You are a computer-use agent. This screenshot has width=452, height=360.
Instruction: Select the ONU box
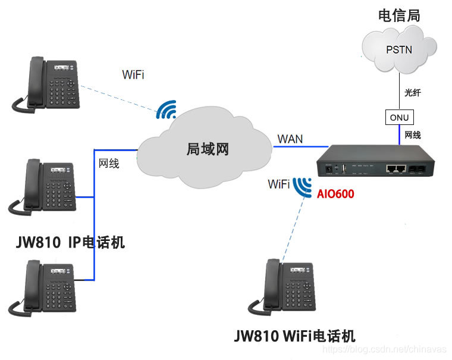click(399, 118)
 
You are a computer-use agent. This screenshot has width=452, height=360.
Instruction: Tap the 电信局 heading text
click(399, 16)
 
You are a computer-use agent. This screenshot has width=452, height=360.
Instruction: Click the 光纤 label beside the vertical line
click(413, 93)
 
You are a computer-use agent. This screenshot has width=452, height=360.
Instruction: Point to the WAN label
click(290, 139)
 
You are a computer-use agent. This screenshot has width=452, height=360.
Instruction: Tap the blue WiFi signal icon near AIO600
click(303, 186)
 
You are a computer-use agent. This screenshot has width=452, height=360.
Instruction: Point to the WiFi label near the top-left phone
click(133, 75)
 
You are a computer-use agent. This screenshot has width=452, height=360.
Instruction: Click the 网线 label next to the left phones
click(109, 163)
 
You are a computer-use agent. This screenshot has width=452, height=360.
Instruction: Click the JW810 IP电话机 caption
click(71, 243)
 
